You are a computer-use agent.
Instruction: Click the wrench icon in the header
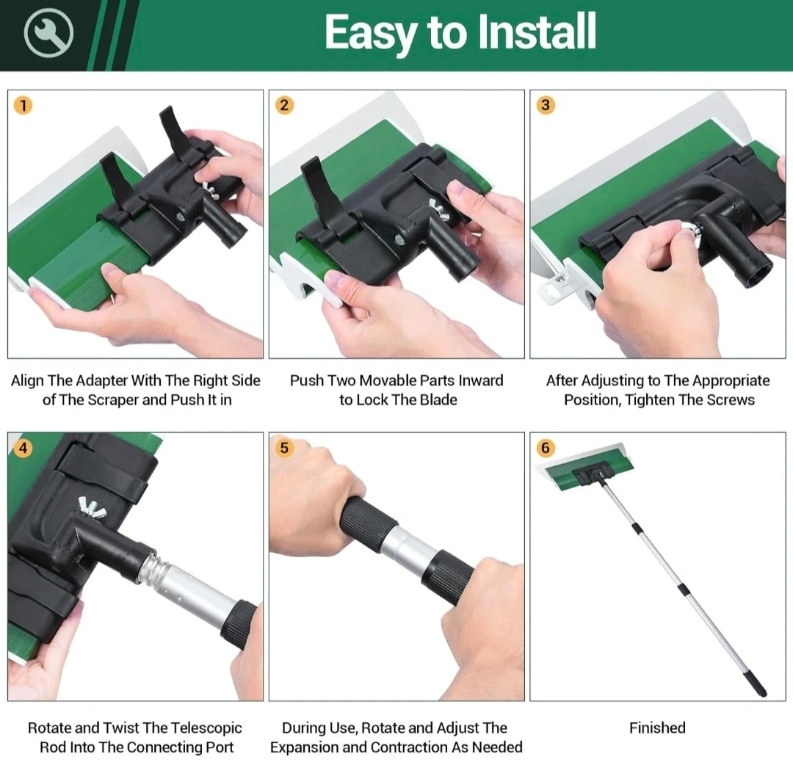48,33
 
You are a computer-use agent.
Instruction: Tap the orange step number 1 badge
23,105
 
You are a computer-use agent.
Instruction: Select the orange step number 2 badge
284,105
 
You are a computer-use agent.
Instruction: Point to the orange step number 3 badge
545,105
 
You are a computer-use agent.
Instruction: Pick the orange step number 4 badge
23,447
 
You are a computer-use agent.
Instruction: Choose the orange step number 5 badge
284,447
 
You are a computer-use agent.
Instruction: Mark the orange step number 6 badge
545,447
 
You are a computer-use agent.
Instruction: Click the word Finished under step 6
657,728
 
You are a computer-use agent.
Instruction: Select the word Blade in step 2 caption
439,400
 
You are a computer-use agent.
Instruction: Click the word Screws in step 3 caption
731,400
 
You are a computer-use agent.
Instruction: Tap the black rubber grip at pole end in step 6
757,684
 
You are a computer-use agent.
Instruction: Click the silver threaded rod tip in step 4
153,570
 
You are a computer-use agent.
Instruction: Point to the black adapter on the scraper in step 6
587,475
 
